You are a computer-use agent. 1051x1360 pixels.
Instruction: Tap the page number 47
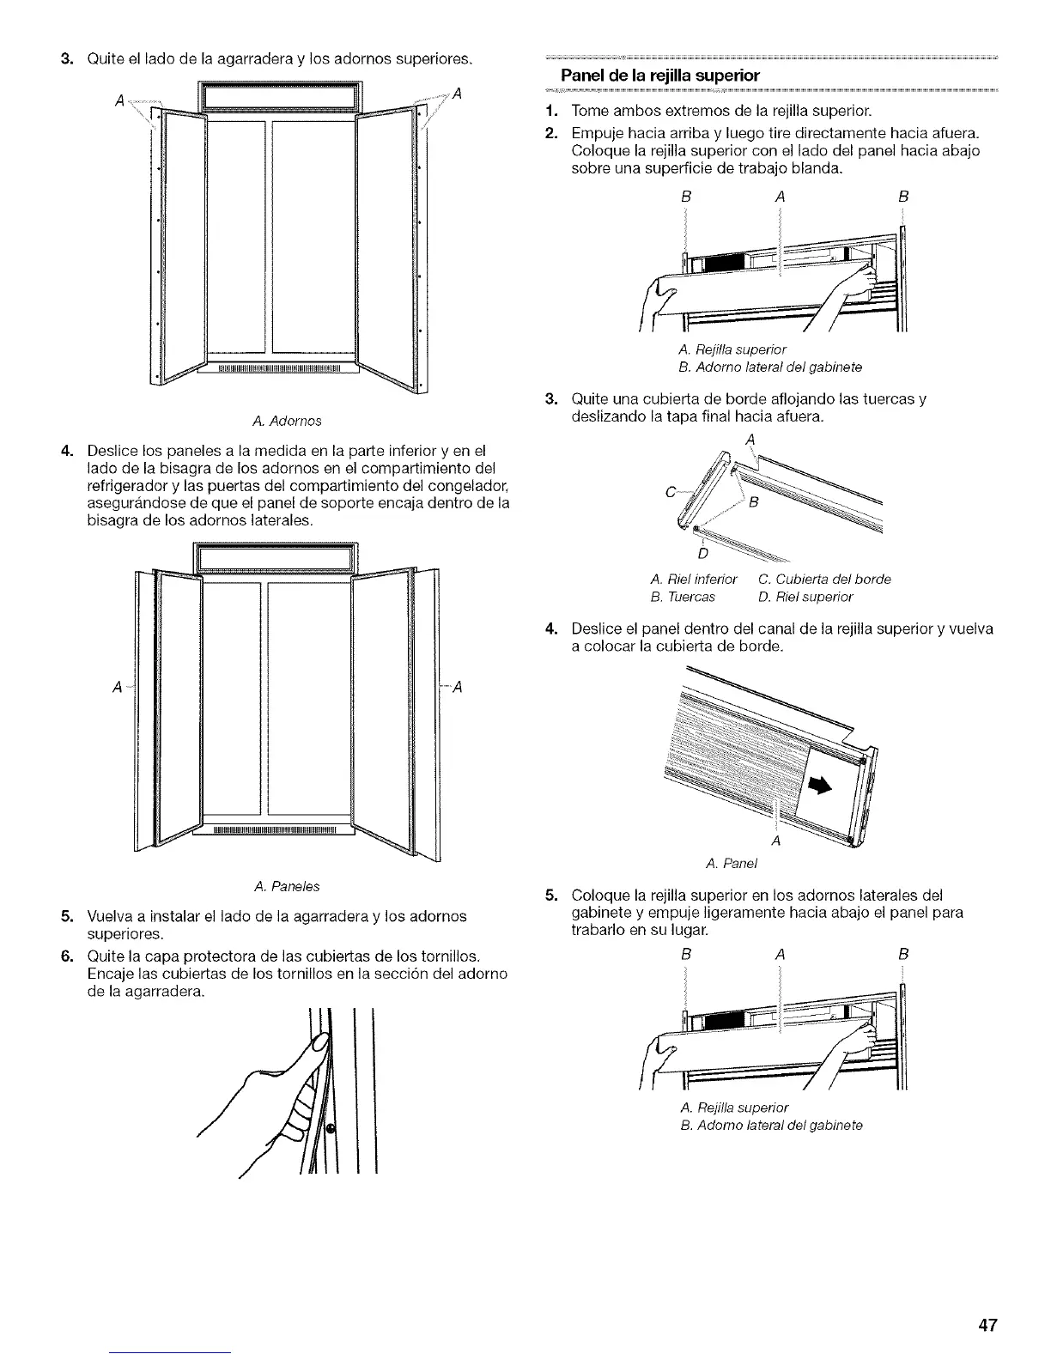pos(987,1325)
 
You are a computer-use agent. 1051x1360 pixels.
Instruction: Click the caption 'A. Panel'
pos(730,862)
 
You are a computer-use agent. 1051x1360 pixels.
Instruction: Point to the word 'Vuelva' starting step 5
pos(109,916)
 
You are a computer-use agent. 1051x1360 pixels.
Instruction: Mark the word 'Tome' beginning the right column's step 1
pos(588,112)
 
